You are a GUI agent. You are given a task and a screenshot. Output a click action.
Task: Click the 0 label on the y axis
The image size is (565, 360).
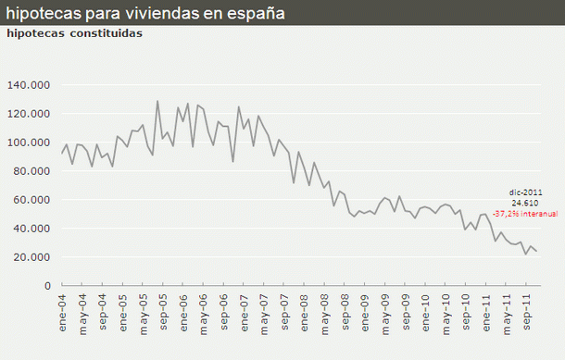click(x=46, y=286)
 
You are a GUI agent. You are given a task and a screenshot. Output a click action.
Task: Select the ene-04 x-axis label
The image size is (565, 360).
click(x=63, y=309)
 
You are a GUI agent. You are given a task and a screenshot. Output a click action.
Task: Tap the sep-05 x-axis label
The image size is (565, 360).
click(x=163, y=309)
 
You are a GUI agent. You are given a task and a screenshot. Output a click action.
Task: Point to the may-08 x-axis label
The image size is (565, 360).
click(x=324, y=309)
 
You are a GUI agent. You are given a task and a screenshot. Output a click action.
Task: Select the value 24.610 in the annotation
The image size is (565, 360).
click(x=524, y=202)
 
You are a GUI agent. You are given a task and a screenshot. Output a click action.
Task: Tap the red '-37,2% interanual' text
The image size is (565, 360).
click(x=524, y=213)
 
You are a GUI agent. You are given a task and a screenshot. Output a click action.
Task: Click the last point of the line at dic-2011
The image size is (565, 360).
click(x=536, y=252)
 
